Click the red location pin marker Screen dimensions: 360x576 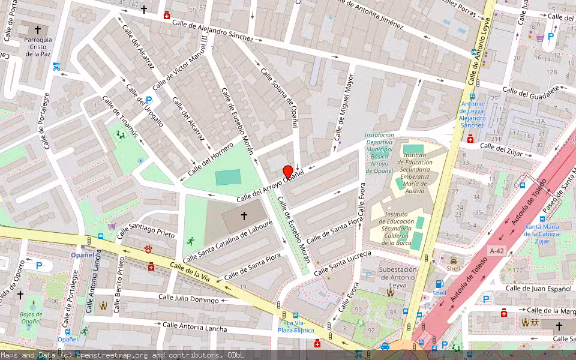287,172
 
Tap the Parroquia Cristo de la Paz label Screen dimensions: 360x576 38,47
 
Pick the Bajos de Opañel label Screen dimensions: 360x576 31,317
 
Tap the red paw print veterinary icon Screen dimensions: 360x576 149,248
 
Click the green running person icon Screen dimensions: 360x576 190,241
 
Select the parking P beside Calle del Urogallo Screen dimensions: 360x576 148,100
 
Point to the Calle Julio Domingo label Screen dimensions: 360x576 188,298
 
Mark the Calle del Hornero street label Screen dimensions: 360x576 210,159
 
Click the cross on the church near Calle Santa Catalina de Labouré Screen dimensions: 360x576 244,215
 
